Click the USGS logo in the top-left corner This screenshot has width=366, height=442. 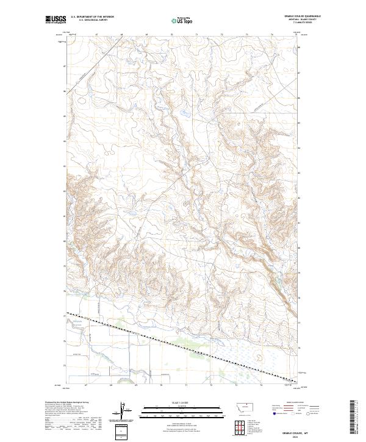coord(56,19)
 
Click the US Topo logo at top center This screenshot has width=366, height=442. coord(183,20)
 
